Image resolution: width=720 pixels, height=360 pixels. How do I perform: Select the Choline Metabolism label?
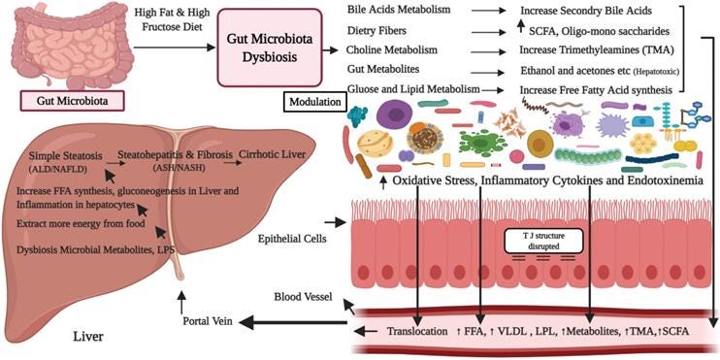pyautogui.click(x=391, y=49)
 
